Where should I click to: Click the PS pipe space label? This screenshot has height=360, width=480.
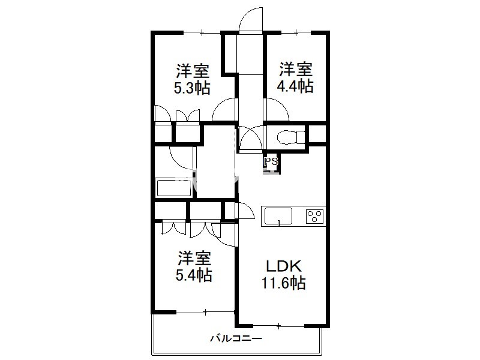(x=271, y=161)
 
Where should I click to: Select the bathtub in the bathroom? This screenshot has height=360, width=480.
(x=174, y=188)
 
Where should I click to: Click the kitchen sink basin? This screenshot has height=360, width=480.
(x=278, y=217)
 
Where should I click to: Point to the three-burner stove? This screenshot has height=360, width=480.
(x=314, y=216)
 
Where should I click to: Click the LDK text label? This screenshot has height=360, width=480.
(x=284, y=266)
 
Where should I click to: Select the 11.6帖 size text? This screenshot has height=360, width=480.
(x=283, y=283)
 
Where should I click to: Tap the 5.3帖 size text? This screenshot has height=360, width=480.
(x=192, y=88)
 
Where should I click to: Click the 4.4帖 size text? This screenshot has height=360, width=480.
(x=295, y=86)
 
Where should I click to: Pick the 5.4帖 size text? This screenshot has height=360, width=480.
(x=194, y=275)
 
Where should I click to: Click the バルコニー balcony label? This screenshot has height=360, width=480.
(x=236, y=338)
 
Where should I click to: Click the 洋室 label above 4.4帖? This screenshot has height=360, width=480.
(x=295, y=70)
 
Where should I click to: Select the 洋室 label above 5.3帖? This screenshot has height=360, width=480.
(x=193, y=71)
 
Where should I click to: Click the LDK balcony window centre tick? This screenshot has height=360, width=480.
(x=278, y=326)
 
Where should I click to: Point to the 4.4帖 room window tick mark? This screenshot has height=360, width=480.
(x=296, y=32)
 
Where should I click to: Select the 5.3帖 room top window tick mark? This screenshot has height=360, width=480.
(x=202, y=32)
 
